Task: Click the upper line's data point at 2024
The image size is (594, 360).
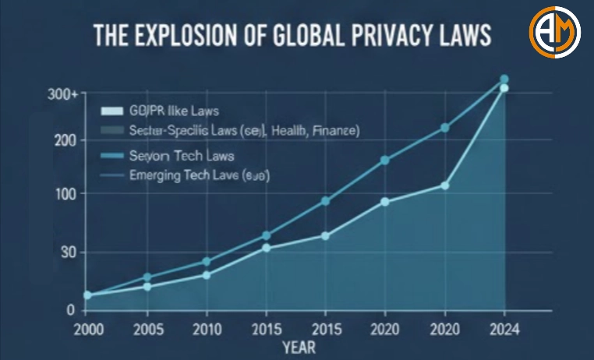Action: coord(504,79)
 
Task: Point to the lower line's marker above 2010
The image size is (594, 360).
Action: coord(207,275)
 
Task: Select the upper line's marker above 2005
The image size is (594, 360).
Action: coord(147,277)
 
